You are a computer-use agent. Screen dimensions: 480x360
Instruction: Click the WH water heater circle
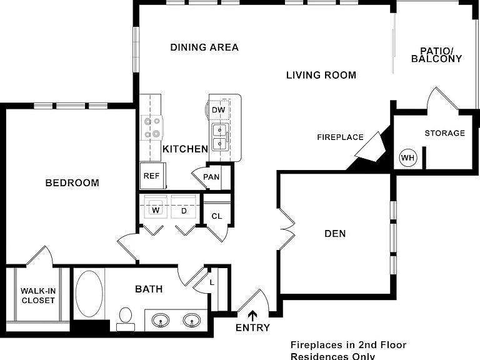coord(408,157)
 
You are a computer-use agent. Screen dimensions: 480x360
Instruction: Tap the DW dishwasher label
coord(219,110)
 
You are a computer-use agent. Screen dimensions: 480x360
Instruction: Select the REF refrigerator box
coord(152,176)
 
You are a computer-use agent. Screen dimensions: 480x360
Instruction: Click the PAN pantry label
coord(211,177)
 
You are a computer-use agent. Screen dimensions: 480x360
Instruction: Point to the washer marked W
coord(156,207)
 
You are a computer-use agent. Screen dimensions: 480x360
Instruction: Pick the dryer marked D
coord(183,207)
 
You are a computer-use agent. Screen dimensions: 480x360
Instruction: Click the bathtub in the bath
coord(89,294)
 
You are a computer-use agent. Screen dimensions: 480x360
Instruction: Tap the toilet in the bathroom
coord(126,319)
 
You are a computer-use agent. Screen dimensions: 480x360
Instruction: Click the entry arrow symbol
coord(252,316)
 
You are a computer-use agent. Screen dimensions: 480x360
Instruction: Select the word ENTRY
coord(253,328)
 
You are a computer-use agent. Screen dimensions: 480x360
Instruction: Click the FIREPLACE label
coord(341,137)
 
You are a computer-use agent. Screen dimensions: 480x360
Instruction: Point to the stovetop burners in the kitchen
coord(152,127)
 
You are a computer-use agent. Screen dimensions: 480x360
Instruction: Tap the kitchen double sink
coord(221,137)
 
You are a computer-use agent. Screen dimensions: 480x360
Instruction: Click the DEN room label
coord(335,234)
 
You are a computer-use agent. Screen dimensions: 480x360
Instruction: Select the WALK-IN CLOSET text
coord(38,296)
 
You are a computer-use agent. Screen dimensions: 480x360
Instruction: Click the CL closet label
coord(217,216)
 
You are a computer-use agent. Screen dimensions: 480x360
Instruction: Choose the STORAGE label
coord(445,133)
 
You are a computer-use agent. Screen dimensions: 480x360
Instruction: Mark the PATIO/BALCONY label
coord(436,55)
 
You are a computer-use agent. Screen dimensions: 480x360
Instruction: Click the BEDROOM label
coord(72,183)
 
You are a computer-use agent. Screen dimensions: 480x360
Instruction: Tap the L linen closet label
coord(212,282)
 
